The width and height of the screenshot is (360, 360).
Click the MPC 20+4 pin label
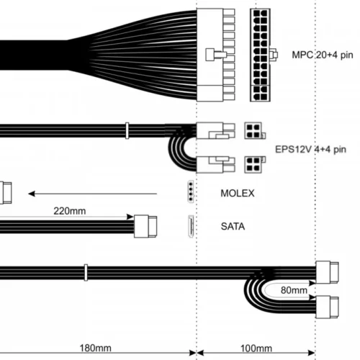323,55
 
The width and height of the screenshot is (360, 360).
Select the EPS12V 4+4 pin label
310,149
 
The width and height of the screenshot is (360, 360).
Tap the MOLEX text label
238,193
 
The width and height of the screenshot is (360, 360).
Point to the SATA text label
233,226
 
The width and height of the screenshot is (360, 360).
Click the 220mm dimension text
70,211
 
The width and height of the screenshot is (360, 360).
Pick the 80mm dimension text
294,290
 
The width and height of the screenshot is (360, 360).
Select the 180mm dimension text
95,348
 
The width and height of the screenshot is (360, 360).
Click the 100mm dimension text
256,348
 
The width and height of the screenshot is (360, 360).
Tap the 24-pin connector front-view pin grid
260,55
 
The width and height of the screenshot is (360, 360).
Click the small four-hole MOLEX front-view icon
191,192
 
